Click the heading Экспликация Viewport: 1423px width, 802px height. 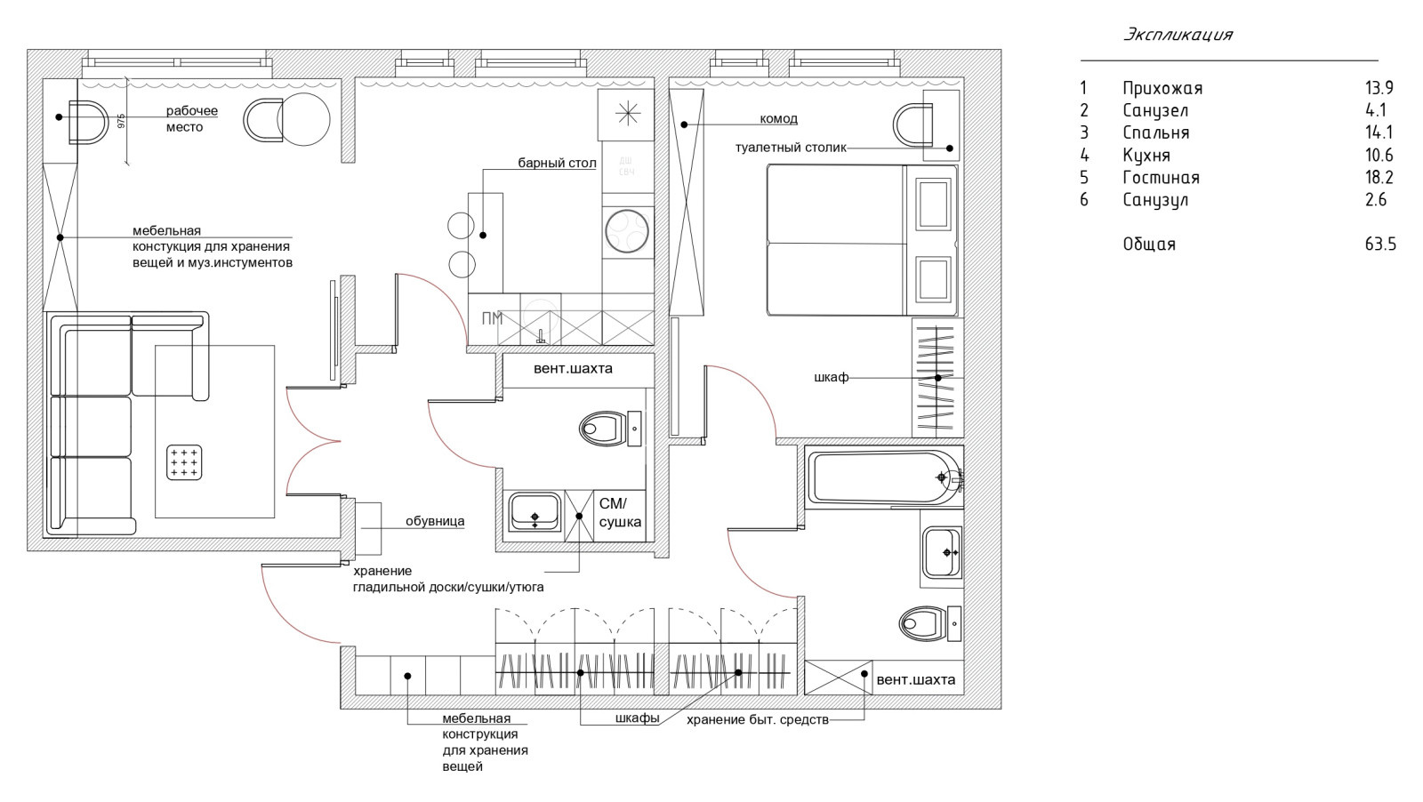click(x=1178, y=35)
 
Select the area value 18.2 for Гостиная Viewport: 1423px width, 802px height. click(x=1379, y=177)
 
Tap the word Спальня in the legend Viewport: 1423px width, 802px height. click(x=1156, y=132)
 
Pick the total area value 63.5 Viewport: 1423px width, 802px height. click(x=1380, y=244)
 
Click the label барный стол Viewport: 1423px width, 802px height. click(x=557, y=164)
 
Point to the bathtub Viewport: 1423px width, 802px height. click(x=884, y=477)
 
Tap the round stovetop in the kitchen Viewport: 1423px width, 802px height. click(x=627, y=230)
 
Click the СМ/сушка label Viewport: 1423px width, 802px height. click(x=620, y=513)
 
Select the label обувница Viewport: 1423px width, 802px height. click(x=435, y=521)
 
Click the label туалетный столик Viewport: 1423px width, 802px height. click(x=791, y=148)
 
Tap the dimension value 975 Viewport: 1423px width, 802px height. click(x=121, y=121)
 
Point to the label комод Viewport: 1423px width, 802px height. click(x=779, y=119)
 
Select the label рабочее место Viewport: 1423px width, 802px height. click(x=192, y=119)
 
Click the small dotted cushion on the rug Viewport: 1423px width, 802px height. click(x=184, y=462)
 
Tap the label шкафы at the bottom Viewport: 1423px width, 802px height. click(x=637, y=718)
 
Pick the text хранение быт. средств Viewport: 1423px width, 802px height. click(x=758, y=720)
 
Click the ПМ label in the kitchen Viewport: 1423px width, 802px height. click(x=493, y=319)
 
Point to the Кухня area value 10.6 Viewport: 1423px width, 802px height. click(x=1379, y=155)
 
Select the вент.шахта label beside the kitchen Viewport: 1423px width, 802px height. click(x=573, y=368)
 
